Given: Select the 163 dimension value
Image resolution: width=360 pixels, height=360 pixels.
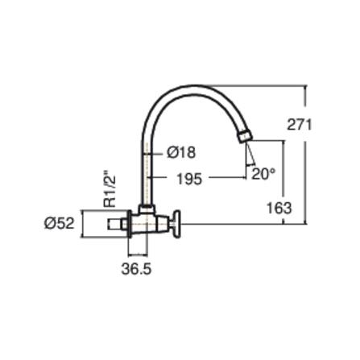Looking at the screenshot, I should point(279,208).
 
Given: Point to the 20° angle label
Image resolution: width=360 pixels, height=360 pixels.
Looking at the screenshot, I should point(263,173).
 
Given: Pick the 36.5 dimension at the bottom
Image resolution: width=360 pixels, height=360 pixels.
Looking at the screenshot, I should point(136,269).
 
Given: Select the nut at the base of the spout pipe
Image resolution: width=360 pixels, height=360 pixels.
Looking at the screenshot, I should point(147,209).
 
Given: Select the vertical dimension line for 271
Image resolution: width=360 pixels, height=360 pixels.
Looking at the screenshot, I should point(306,153).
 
